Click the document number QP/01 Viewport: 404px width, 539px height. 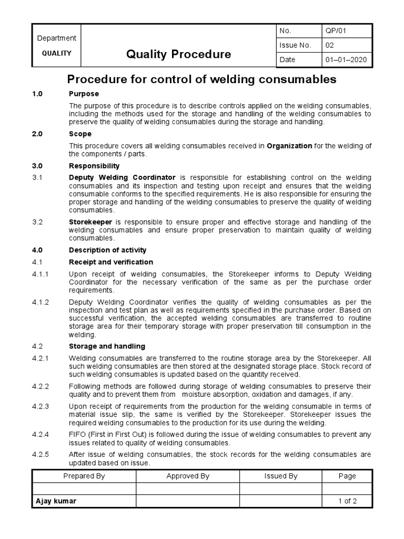336,31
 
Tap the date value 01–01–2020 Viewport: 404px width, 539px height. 346,59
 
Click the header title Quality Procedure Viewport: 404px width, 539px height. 179,54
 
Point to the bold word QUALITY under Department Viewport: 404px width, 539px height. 56,53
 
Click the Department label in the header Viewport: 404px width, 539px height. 56,38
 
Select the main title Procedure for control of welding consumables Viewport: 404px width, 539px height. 201,79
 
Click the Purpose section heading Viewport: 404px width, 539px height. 84,93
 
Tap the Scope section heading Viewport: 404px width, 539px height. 80,134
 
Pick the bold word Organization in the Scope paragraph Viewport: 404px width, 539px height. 289,146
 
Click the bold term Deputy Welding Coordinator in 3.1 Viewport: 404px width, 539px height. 124,177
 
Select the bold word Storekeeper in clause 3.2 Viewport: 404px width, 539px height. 90,222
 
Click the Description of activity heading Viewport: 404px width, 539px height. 108,250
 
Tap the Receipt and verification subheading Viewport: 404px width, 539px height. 111,262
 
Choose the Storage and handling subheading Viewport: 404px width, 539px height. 107,346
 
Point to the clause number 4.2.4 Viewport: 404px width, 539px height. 41,434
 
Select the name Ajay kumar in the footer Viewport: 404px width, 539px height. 55,501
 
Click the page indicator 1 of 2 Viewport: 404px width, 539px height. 347,501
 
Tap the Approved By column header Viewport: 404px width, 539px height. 188,476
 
